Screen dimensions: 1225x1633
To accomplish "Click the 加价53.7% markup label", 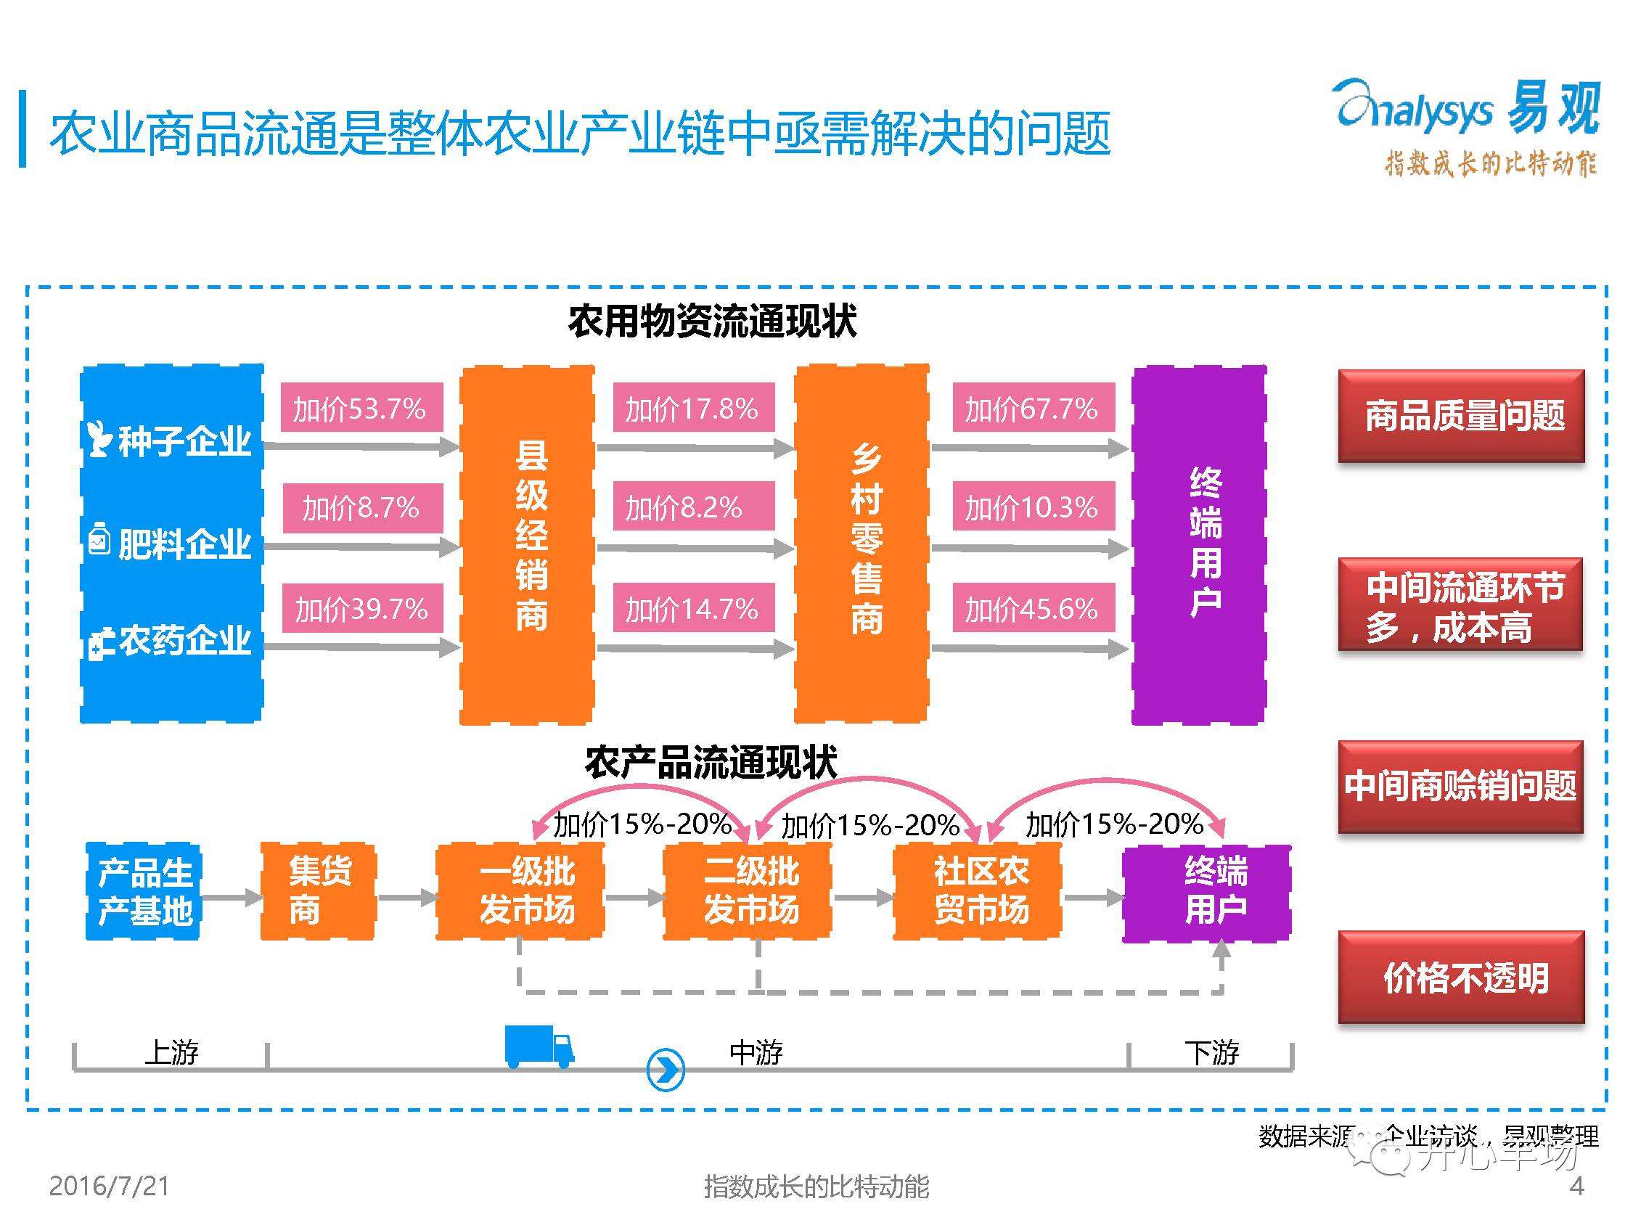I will pos(361,408).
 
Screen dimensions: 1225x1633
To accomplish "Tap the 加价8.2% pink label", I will pos(692,507).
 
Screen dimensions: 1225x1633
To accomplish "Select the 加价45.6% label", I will pos(1032,608).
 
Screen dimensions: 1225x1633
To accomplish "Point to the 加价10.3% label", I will pos(1032,507).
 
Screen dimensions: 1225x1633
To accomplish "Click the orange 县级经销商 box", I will pos(527,544).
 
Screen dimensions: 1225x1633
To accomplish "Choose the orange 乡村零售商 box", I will pos(861,544).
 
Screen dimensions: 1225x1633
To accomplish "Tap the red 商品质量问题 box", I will pos(1461,416).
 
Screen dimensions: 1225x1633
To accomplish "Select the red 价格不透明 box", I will pos(1461,977).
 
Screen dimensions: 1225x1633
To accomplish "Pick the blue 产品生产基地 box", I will pos(144,891).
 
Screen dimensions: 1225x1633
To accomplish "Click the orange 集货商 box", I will pos(318,891).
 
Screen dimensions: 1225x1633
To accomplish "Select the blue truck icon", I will pos(539,1046).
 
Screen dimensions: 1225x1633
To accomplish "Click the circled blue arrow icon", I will pos(665,1068).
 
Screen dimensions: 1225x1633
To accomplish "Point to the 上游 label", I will pos(171,1052).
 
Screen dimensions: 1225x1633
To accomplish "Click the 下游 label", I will pos(1211,1052).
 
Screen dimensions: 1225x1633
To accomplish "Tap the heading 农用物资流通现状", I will pos(712,321).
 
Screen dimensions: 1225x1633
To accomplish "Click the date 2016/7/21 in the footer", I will pos(110,1186).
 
